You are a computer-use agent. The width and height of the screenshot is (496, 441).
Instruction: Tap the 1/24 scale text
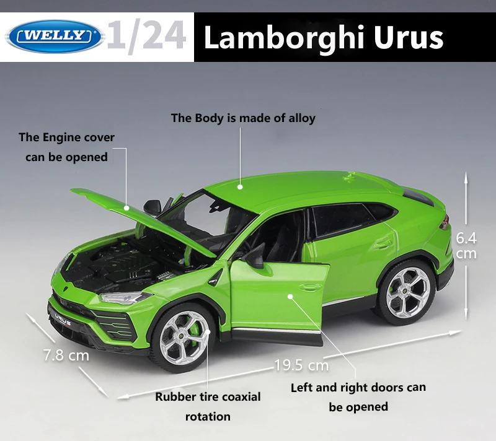coord(146,36)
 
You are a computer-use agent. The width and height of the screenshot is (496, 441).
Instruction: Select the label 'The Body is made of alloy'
coord(243,118)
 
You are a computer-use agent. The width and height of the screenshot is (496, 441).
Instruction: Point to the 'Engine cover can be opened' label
coord(66,147)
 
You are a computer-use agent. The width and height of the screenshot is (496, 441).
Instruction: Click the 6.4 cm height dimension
coord(466,245)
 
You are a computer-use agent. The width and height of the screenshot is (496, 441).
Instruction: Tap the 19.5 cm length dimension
coord(301,365)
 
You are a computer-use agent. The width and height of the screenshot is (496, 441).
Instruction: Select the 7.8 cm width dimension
coord(66,356)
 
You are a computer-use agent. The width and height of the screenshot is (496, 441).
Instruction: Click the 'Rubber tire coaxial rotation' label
coord(208,406)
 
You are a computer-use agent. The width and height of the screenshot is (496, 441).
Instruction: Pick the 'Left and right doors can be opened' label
coord(358,397)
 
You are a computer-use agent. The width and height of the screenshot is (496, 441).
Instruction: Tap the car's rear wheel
coord(407,292)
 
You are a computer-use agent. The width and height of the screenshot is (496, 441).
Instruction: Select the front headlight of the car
coord(125,298)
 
